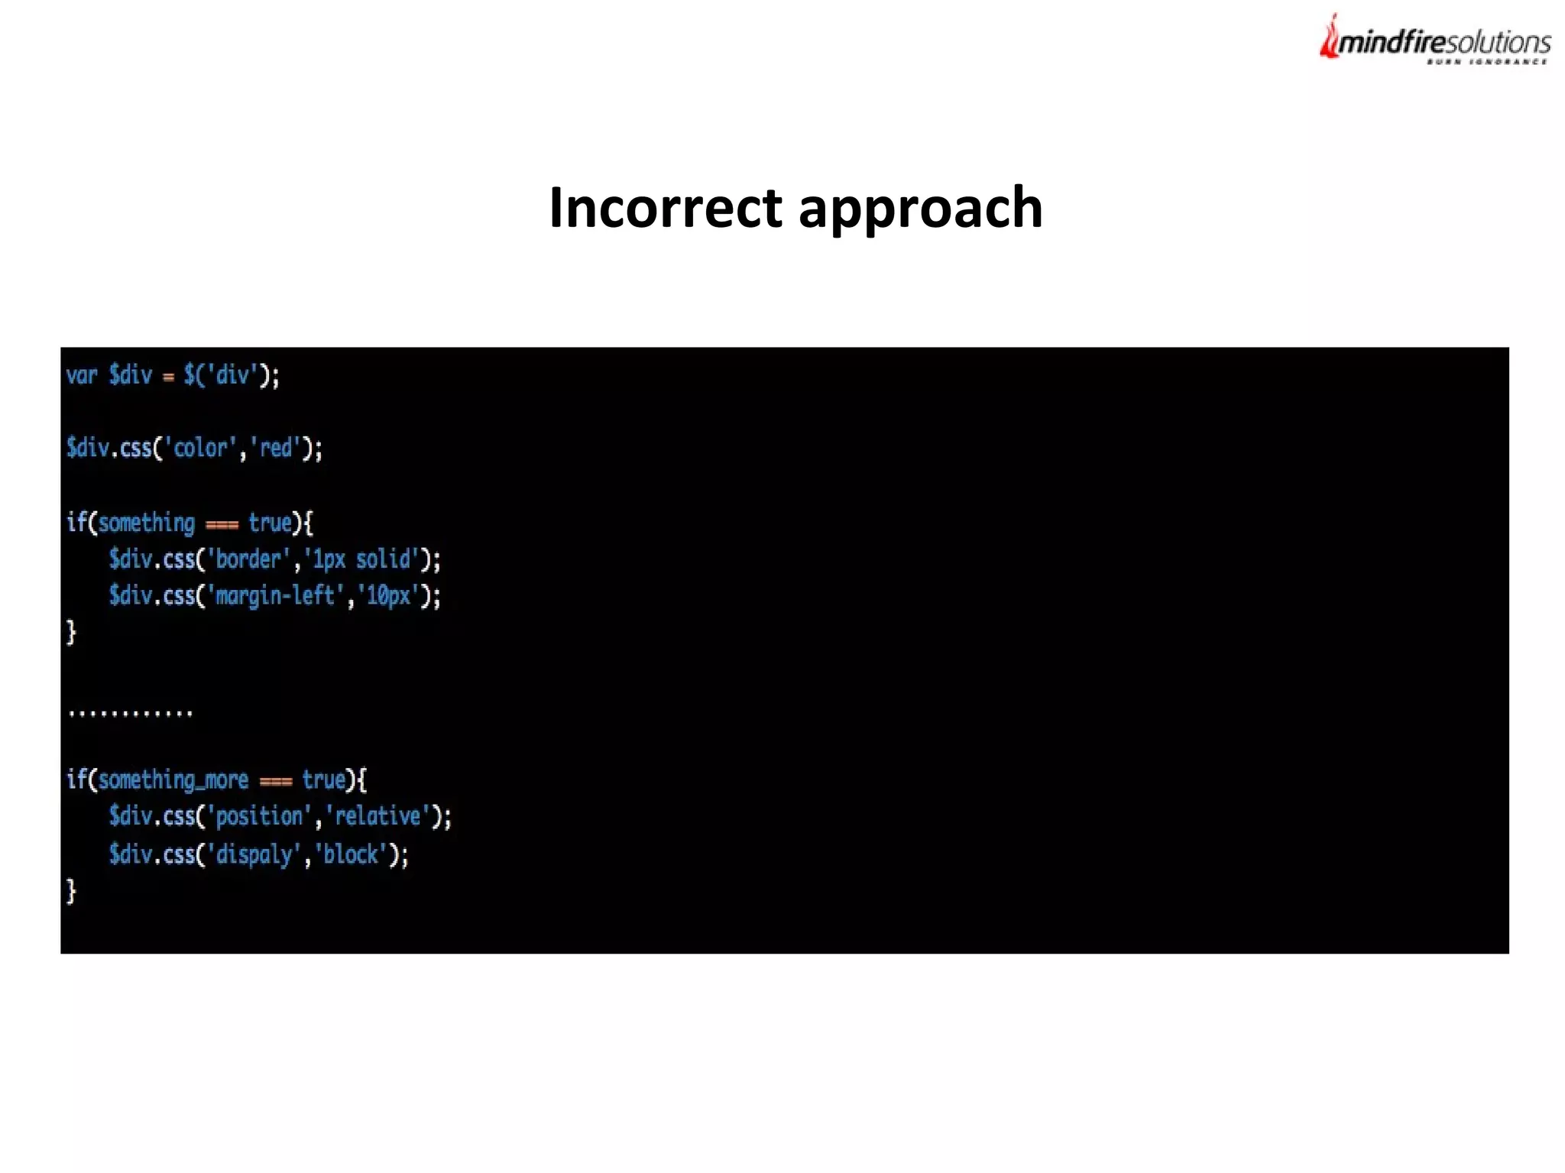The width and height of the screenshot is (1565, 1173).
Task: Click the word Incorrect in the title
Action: pos(666,208)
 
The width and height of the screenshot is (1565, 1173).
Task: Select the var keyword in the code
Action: pos(82,375)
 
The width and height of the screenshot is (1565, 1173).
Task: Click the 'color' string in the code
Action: pos(202,448)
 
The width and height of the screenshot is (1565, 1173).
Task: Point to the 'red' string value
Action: pos(276,448)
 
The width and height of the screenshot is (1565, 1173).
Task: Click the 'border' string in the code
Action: pos(248,559)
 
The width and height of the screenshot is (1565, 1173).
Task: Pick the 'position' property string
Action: pos(259,816)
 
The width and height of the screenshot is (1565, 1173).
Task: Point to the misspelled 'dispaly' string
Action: pos(254,854)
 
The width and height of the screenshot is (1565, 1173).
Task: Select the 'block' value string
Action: pos(351,854)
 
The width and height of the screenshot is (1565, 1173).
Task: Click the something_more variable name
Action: pos(173,780)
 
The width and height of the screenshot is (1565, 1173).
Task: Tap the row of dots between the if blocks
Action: pos(130,714)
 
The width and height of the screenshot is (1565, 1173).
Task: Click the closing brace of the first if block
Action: pos(72,632)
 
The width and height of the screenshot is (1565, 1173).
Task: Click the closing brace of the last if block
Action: pos(72,891)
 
